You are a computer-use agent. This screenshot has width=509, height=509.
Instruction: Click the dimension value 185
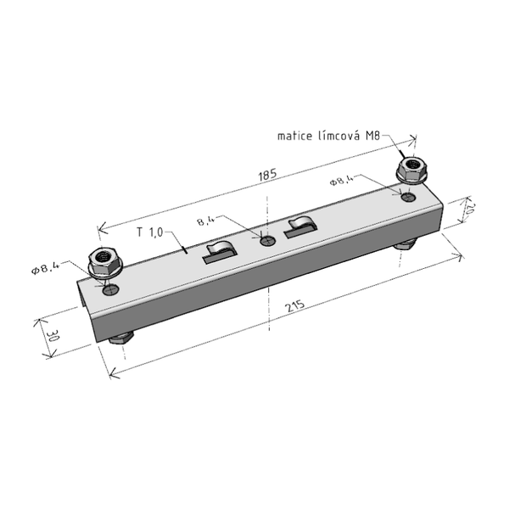coord(267,175)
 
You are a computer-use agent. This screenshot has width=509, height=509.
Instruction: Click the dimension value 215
coord(295,305)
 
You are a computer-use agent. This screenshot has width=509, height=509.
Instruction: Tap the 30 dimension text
coord(53,336)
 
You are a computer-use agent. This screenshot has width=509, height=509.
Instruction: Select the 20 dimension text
coord(470,209)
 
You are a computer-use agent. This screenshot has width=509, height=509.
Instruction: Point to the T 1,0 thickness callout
coord(149,232)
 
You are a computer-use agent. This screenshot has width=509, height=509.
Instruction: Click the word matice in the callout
coord(294,136)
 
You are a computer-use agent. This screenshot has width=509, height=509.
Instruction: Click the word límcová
coord(338,135)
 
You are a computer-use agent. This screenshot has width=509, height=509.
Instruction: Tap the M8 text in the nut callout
coord(372,136)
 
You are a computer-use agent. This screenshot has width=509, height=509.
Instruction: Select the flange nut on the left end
coord(105,262)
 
